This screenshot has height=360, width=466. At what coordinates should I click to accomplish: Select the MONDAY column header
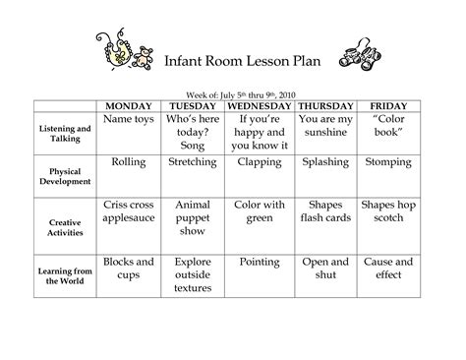tap(129, 104)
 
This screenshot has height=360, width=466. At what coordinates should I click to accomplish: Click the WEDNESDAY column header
tap(260, 104)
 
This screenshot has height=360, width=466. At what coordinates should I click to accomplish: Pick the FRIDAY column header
tap(387, 104)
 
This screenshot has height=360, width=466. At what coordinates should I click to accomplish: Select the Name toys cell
tap(129, 119)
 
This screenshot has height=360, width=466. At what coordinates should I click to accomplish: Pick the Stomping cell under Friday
tap(387, 161)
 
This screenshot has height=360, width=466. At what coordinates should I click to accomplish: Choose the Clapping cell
tap(260, 161)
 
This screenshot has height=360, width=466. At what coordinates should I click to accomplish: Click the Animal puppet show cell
tap(194, 218)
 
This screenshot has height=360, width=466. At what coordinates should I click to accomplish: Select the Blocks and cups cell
tap(129, 270)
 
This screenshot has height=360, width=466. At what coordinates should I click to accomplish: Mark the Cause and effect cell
tap(387, 270)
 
